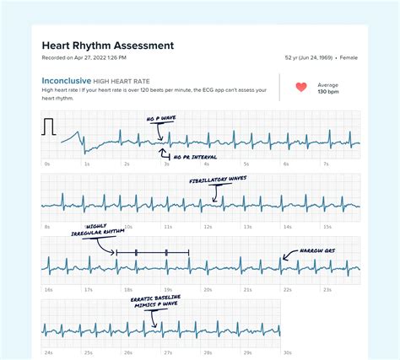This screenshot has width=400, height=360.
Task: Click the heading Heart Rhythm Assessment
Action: (108, 45)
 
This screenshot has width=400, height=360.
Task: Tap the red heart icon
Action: (301, 87)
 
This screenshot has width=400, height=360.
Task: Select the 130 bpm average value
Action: (327, 91)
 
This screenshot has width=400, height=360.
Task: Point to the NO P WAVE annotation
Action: (162, 120)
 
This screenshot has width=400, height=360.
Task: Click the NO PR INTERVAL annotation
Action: (194, 158)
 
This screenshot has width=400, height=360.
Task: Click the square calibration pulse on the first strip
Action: (49, 126)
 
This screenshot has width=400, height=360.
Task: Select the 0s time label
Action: (46, 164)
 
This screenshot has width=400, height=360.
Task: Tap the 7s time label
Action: (326, 164)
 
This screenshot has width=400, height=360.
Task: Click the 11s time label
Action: (168, 227)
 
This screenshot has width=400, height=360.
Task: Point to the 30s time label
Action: (288, 352)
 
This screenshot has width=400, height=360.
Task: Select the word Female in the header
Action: (349, 58)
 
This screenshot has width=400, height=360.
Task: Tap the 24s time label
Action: (48, 352)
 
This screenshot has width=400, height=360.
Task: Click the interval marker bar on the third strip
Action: (153, 252)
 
